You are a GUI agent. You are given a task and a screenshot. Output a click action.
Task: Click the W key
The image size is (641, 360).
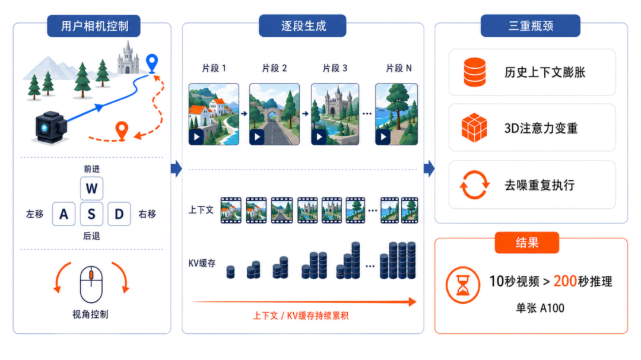[91, 189]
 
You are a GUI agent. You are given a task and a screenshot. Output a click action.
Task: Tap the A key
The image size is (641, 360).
[64, 214]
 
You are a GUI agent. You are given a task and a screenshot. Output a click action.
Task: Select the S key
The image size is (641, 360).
[91, 214]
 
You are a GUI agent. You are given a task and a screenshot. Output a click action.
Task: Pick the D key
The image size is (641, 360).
[119, 214]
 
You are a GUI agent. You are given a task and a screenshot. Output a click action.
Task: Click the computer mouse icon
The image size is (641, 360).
[91, 284]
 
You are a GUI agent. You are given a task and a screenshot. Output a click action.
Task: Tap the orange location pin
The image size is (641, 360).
[122, 131]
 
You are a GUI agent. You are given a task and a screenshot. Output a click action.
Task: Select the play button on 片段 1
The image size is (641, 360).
[196, 137]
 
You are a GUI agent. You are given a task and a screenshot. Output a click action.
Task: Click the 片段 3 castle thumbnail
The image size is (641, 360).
[335, 114]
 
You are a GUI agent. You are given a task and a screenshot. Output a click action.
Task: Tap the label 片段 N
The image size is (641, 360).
[399, 68]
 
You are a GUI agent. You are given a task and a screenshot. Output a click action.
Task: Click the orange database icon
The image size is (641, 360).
[475, 72]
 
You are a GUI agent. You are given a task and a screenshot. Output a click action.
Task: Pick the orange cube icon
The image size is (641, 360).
[474, 128]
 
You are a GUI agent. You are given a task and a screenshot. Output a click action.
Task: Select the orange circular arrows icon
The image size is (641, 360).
[474, 184]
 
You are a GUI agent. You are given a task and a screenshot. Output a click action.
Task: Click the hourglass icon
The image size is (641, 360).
[463, 285]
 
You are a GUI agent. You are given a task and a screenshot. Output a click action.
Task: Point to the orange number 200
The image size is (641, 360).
[565, 281]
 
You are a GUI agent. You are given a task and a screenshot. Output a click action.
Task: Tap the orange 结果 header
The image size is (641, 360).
[526, 243]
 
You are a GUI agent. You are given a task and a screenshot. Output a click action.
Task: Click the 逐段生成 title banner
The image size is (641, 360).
[303, 26]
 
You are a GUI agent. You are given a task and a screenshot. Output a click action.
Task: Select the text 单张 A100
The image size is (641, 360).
[540, 308]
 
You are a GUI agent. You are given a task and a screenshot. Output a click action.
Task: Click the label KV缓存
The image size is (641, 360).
[202, 263]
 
